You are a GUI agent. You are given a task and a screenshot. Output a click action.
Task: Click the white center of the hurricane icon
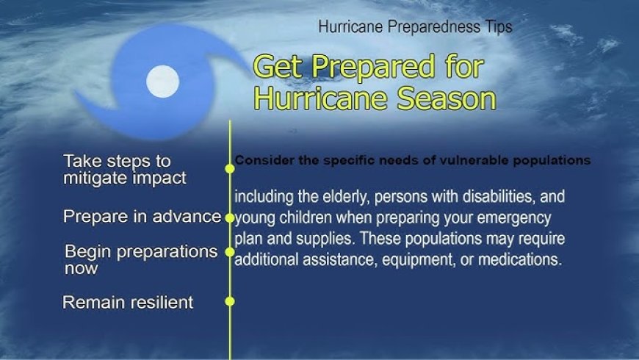pos(163,82)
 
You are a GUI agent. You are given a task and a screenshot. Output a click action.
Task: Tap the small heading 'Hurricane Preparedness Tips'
pos(415,27)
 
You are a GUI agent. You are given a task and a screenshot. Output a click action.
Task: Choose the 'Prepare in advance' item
pos(142,217)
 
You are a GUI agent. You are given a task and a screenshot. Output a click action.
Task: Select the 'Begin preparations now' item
pos(141,259)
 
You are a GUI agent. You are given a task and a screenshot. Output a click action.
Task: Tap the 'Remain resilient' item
pos(128,302)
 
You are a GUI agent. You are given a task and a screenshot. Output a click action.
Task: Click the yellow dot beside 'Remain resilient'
pos(230,301)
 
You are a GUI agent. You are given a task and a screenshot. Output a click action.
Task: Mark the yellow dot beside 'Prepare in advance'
pos(230,218)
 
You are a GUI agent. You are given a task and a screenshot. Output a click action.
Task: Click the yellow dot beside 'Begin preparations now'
pos(230,251)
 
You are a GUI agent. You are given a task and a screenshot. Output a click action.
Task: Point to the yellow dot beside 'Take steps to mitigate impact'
pos(230,168)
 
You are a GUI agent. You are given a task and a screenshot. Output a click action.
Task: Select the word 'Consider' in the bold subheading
pos(259,160)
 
